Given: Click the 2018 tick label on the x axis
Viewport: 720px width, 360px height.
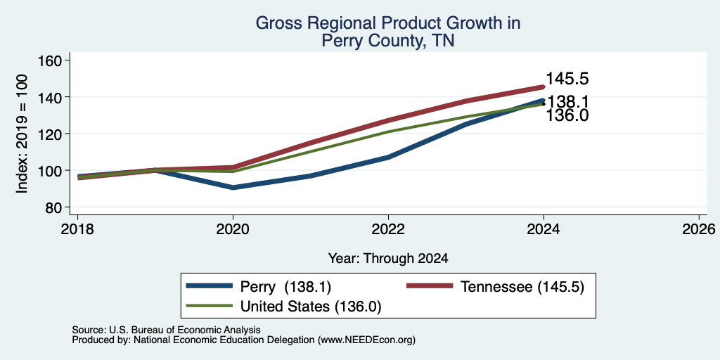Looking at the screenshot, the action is [x=77, y=229].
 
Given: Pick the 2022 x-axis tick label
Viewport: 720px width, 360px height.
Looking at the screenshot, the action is [x=388, y=229].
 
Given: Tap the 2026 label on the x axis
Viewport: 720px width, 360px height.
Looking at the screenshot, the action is [x=699, y=229].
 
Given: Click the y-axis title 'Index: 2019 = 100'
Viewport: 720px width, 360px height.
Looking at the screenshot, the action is [x=22, y=134].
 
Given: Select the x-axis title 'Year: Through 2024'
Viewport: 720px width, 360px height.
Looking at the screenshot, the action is [x=388, y=259].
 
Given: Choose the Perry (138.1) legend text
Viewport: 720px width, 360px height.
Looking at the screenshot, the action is [x=285, y=287].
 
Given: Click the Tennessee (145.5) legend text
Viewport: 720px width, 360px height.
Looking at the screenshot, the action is [x=522, y=287].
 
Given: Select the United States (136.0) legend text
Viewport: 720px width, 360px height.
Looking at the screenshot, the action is [x=311, y=307].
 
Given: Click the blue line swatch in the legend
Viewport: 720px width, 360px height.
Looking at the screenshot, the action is [x=209, y=286].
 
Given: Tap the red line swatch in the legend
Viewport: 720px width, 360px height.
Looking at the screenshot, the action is [x=430, y=286].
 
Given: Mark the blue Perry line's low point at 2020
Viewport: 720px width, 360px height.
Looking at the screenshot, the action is [x=233, y=188].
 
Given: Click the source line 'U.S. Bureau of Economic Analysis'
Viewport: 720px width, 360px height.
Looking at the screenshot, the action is [x=184, y=330].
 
